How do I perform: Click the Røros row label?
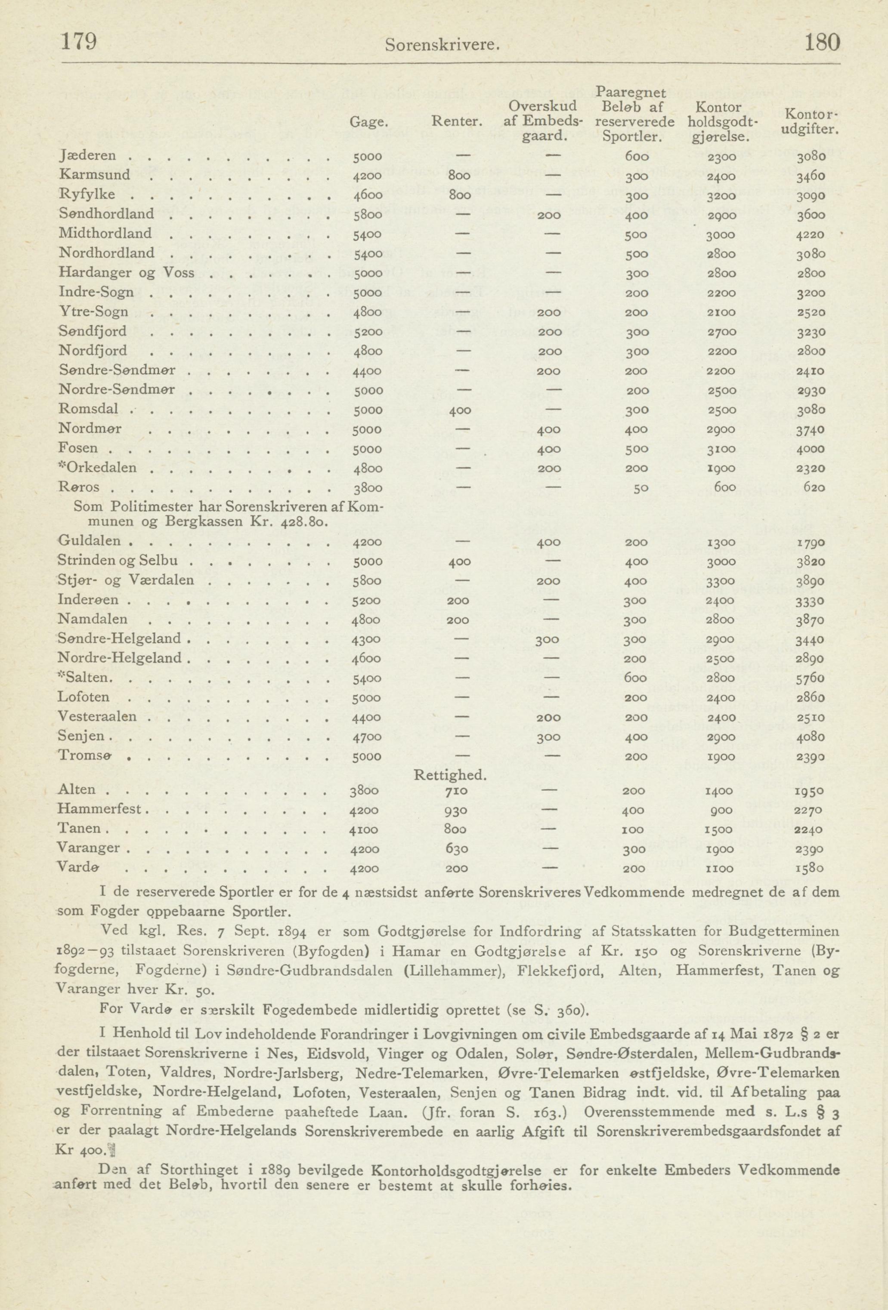[x=78, y=487]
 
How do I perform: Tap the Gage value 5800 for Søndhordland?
[x=368, y=216]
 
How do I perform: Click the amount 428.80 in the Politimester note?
[x=304, y=521]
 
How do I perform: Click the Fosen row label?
[x=78, y=448]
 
